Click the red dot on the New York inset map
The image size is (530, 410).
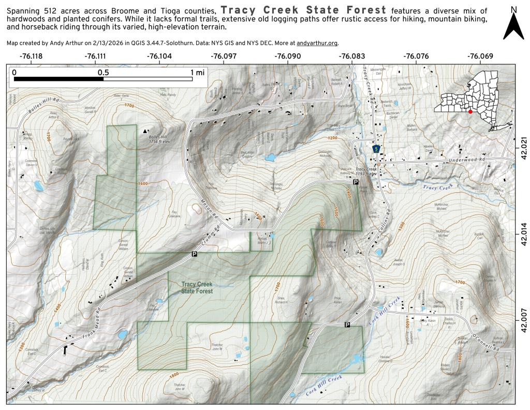(470, 111)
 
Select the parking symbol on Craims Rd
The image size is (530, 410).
(194, 253)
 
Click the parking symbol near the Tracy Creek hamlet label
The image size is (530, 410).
(355, 182)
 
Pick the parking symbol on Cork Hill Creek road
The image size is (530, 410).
(347, 324)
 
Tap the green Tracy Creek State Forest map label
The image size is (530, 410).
(197, 288)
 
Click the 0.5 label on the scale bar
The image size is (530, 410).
(104, 73)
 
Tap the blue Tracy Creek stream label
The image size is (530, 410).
(438, 186)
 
